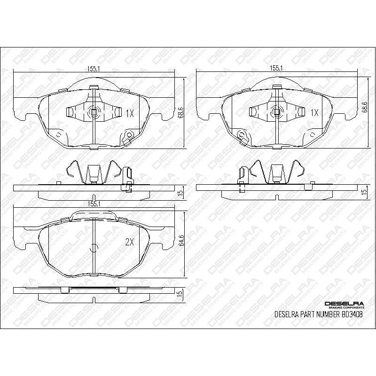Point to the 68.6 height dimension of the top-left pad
coord(181,114)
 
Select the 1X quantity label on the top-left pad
coord(130,113)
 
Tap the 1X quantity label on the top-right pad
coord(314,113)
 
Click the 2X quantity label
coord(130,242)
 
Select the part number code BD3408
coord(352,315)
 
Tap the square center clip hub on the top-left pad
coord(94,112)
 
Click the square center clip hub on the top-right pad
coord(278,112)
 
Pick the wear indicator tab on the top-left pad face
coord(127,137)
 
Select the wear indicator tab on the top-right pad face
coord(243,136)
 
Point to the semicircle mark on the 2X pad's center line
coord(94,248)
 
